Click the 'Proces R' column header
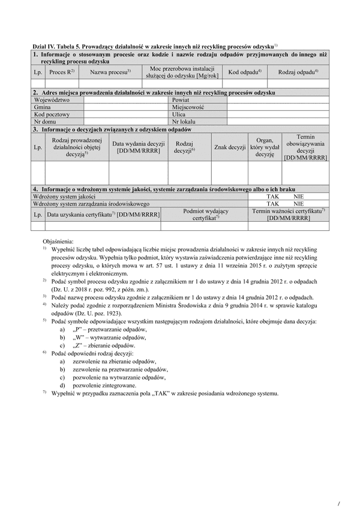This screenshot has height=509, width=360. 61,73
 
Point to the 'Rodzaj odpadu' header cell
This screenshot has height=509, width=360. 298,73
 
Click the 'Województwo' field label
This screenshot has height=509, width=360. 52,100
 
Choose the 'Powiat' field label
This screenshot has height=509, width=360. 181,100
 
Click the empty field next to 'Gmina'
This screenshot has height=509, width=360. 127,107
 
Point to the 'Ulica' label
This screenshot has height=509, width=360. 179,114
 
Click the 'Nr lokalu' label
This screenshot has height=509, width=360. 184,121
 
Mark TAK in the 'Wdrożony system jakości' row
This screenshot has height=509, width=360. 273,197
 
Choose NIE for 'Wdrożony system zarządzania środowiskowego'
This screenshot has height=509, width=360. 299,204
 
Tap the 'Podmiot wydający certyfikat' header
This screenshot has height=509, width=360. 206,215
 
